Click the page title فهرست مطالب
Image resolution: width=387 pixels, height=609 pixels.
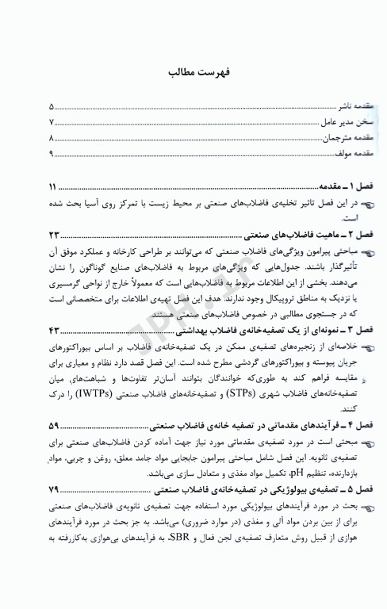193,72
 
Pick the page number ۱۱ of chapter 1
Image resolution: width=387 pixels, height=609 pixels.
53,188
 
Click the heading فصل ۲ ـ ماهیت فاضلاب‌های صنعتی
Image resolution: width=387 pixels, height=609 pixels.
286,237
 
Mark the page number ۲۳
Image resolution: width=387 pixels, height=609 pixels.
54,237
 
